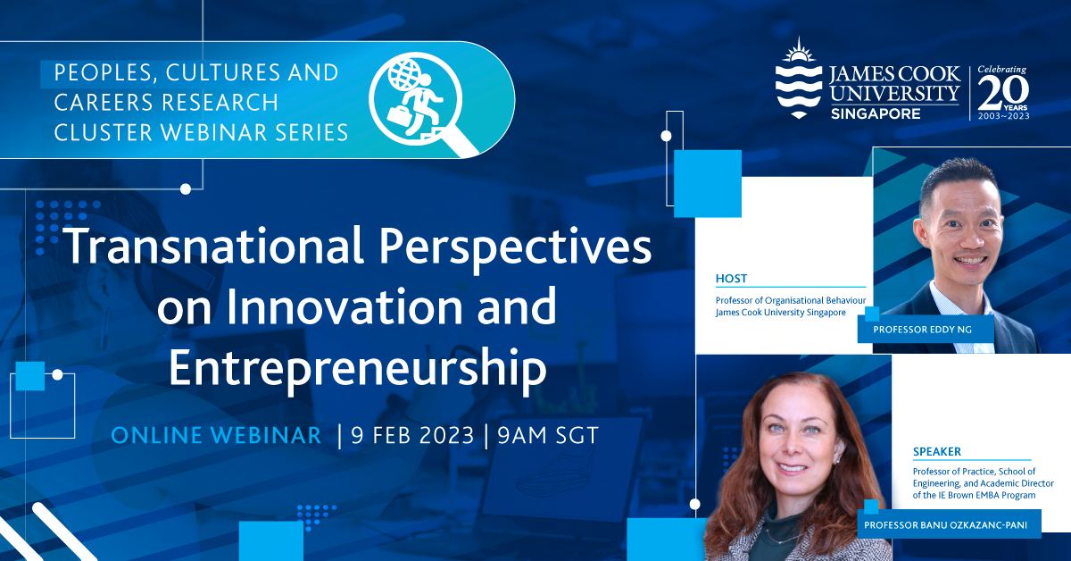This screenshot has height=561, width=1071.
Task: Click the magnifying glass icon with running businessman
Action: point(420,103)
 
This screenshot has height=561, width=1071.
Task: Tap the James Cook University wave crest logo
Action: point(799,79)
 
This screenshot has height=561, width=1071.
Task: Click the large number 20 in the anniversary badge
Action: point(1003,92)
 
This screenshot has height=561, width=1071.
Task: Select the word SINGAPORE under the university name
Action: point(876,113)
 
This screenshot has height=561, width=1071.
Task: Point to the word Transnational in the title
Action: point(212,246)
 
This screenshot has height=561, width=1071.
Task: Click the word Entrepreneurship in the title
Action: point(358,368)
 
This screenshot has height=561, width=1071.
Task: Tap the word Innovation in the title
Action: point(345,306)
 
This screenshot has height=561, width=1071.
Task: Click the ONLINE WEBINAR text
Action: point(216,435)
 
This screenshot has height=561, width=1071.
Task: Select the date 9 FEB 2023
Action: point(412,435)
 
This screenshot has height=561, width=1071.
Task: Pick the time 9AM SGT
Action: point(548,435)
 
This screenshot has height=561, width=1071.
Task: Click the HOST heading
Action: point(731,278)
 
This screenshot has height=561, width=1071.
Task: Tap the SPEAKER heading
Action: point(936,451)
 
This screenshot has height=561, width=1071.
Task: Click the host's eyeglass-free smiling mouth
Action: point(969,261)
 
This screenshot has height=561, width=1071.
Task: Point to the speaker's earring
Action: point(838,459)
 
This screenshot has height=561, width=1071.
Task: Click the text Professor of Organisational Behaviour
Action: point(791,301)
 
